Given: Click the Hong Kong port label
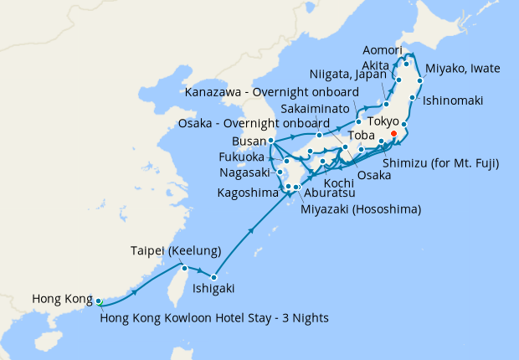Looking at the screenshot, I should [x=59, y=299].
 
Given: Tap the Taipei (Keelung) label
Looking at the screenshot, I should [x=175, y=251].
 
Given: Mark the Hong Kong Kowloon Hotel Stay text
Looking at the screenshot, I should [x=213, y=317].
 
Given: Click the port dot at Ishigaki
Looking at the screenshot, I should [x=215, y=277].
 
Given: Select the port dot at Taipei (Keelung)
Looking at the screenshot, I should [x=184, y=269].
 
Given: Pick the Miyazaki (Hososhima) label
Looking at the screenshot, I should [x=361, y=208].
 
